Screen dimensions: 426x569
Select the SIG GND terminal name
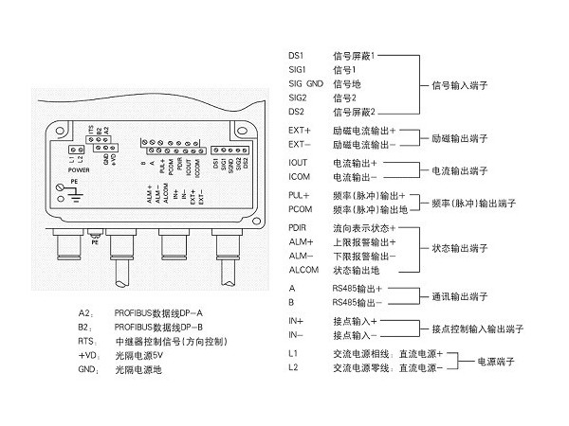pos(309,84)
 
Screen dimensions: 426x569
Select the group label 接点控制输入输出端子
pos(479,328)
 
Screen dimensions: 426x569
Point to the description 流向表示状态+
pos(361,228)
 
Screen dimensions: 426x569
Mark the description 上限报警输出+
pos(361,242)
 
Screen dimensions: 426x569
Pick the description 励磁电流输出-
pos(361,144)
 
